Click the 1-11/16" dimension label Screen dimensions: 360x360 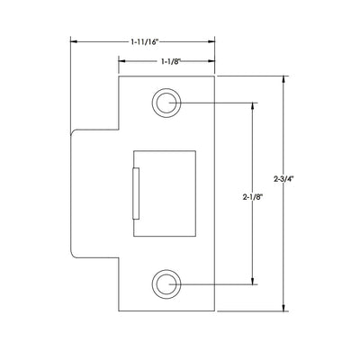(144, 42)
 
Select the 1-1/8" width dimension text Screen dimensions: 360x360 (170, 61)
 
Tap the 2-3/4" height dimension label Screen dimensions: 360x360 (283, 179)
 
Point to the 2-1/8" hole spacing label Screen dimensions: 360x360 (253, 197)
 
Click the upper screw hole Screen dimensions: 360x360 (166, 103)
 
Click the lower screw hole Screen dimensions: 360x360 (166, 284)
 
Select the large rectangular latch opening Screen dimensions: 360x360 (165, 193)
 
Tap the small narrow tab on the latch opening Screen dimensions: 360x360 (136, 193)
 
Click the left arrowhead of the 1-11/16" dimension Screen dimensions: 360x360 (74, 41)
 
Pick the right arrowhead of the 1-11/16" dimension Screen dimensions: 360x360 (211, 41)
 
